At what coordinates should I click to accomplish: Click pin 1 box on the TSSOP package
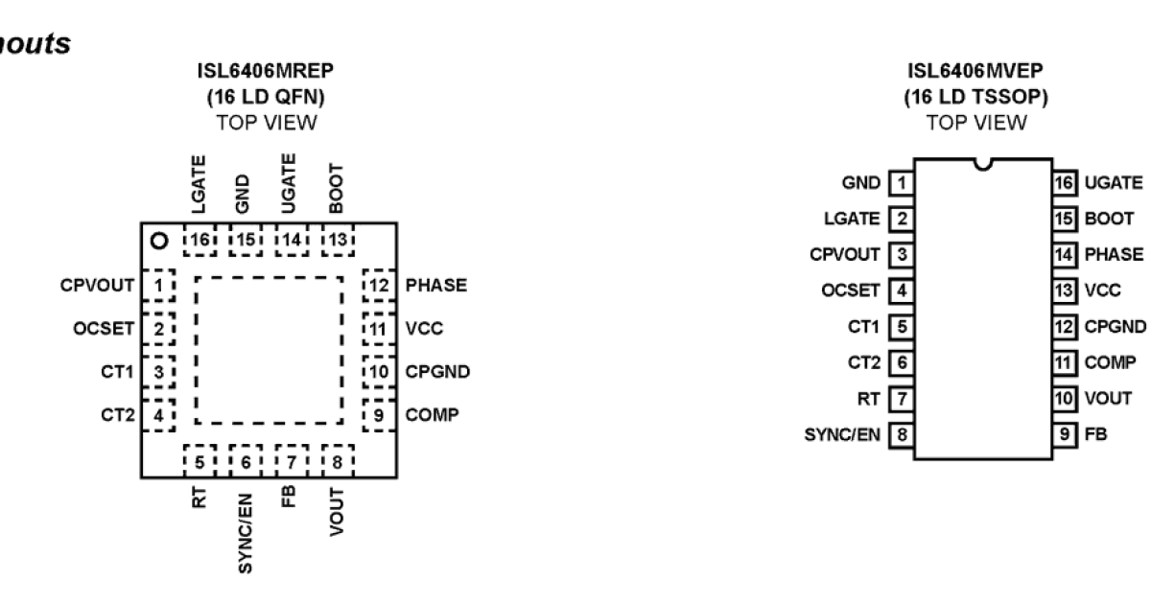pos(901,182)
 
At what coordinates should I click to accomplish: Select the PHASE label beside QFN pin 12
pos(436,286)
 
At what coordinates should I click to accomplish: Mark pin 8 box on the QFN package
pos(338,461)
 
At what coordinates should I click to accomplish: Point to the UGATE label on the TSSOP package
pos(1114,182)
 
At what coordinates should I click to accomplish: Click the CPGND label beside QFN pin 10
pos(438,372)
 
